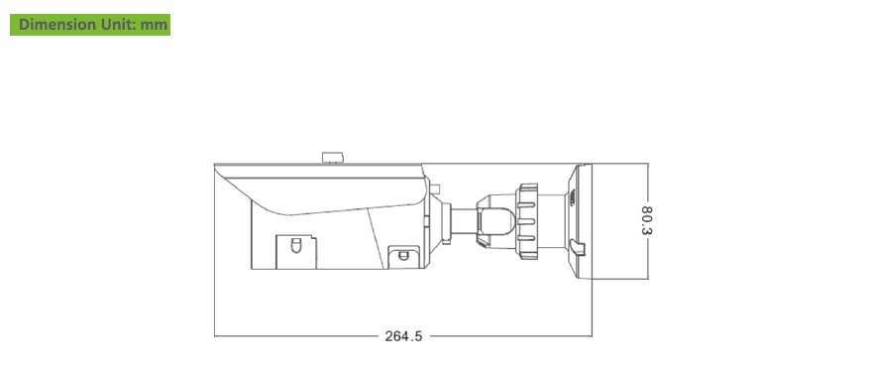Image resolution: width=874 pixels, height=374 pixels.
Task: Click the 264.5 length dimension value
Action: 403,336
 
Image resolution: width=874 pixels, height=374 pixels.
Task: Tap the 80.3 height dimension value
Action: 646,220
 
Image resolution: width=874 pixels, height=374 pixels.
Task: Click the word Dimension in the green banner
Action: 56,25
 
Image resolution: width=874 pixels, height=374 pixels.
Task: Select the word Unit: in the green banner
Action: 118,25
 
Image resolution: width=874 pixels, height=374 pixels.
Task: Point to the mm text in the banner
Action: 154,25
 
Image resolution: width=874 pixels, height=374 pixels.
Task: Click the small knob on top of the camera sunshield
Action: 333,158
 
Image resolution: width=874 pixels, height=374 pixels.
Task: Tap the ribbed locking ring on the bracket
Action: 527,221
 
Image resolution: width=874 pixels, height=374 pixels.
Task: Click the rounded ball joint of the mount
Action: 496,221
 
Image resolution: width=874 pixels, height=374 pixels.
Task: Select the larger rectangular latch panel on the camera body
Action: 296,252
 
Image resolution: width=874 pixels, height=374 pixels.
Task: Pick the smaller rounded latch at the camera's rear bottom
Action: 403,256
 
